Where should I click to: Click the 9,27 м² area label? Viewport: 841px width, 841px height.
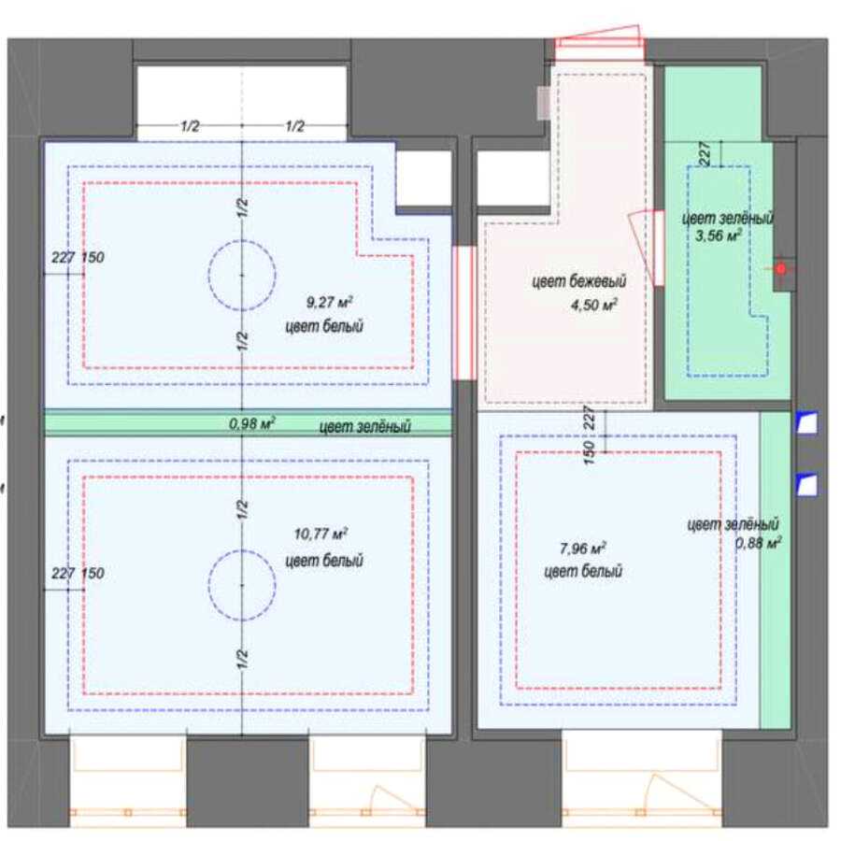(x=329, y=303)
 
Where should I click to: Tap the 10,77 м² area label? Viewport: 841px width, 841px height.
(x=321, y=535)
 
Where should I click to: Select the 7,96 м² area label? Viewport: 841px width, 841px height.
(x=582, y=549)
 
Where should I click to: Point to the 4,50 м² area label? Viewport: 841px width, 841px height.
(x=593, y=306)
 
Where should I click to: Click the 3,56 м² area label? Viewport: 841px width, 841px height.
(x=719, y=235)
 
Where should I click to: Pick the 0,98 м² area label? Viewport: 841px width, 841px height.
(x=252, y=423)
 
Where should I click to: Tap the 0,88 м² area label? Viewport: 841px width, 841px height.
(x=758, y=543)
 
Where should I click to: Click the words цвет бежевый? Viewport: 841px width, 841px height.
(x=578, y=281)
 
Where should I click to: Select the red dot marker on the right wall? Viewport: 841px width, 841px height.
(x=781, y=269)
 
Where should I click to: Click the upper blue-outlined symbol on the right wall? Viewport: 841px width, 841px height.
(x=806, y=422)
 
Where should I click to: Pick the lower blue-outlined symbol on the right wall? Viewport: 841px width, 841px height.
(x=806, y=485)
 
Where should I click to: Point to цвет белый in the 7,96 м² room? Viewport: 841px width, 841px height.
(x=583, y=571)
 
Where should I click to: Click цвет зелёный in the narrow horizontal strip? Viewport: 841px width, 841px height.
(x=364, y=427)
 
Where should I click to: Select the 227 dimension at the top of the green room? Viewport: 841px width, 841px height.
(x=706, y=153)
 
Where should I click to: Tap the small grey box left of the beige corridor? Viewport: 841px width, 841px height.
(x=544, y=103)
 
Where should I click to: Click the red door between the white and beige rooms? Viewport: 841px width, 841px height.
(x=464, y=313)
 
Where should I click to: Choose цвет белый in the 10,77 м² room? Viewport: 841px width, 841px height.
(x=324, y=561)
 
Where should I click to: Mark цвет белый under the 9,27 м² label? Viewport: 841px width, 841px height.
(x=324, y=326)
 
